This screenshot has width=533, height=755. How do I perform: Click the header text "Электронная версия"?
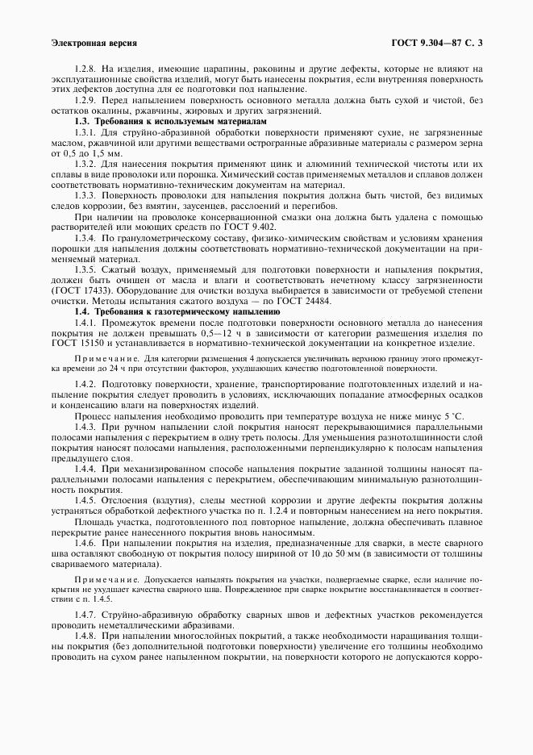pos(94,42)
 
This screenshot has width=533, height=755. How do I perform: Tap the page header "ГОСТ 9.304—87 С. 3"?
pos(437,42)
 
